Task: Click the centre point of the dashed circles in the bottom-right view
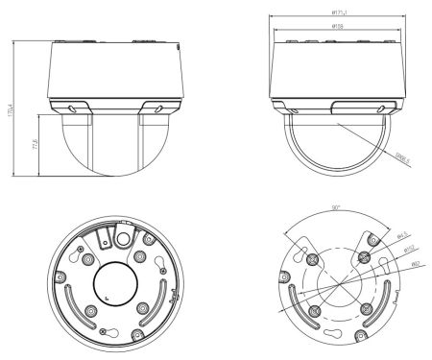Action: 331,285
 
